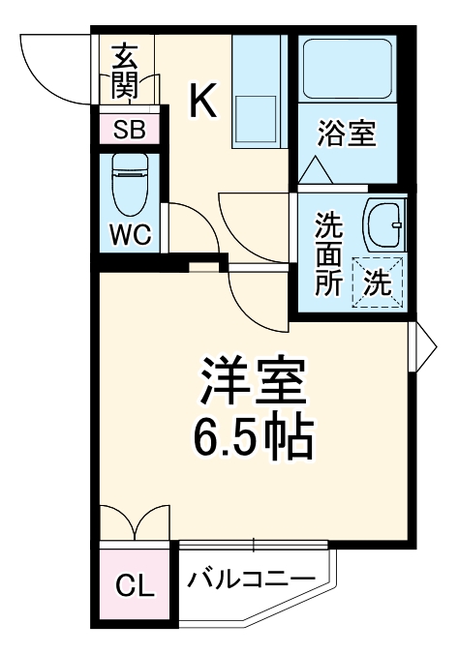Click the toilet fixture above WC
coord(129,184)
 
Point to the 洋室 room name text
coord(254,381)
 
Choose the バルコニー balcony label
coord(251,580)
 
